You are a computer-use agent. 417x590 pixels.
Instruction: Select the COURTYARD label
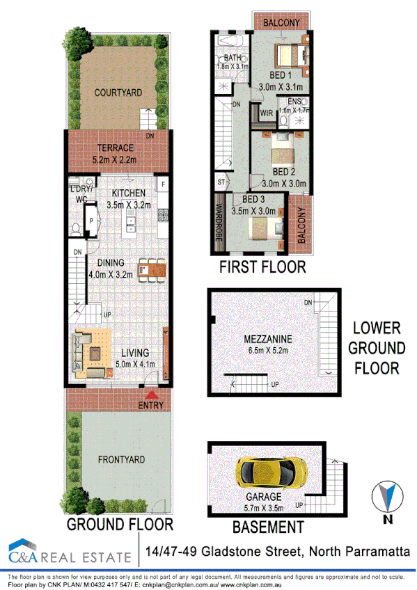click(118, 92)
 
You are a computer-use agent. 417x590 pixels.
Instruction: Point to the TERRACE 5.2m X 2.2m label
click(118, 154)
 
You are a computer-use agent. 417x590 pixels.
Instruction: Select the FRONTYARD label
click(120, 459)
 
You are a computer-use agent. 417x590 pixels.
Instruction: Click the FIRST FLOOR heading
click(262, 267)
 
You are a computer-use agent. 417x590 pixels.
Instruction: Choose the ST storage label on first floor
click(221, 182)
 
